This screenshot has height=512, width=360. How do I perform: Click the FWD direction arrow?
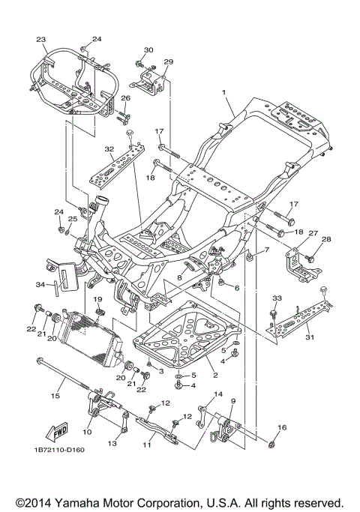tap(57, 431)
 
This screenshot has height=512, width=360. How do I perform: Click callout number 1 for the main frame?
tap(224, 92)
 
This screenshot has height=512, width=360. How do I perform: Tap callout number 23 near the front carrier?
tap(40, 40)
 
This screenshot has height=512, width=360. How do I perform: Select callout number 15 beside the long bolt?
tap(55, 396)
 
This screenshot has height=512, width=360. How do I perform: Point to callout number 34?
tap(40, 285)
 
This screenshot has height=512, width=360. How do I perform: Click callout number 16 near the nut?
tap(282, 427)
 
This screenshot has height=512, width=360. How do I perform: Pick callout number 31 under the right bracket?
tap(309, 337)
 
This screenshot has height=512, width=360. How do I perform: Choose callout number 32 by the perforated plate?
tap(109, 149)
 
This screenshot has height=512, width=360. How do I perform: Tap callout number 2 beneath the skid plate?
tap(215, 376)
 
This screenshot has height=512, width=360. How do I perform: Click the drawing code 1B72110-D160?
tap(59, 450)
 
